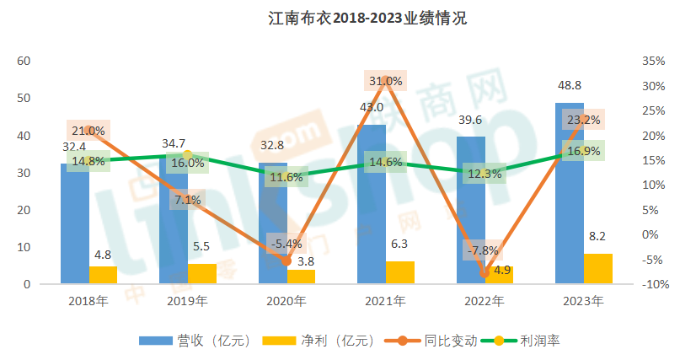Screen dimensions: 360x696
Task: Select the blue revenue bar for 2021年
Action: [x=372, y=211]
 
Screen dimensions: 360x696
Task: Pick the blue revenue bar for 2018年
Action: [x=74, y=228]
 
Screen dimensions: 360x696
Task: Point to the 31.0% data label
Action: [x=385, y=81]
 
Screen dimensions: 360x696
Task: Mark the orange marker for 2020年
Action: [x=286, y=261]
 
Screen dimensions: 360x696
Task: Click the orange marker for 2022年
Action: [x=485, y=272]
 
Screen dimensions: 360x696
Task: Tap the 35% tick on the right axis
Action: [x=654, y=62]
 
